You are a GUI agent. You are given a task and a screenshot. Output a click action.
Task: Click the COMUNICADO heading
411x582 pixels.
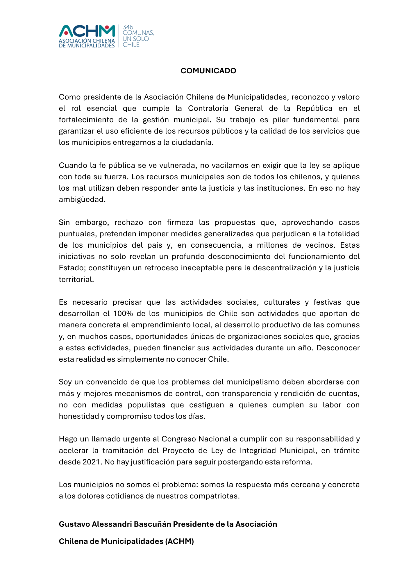(x=208, y=71)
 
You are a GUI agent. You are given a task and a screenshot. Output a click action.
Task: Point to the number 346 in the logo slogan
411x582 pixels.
(x=128, y=27)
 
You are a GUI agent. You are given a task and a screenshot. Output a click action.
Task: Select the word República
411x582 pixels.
(x=314, y=108)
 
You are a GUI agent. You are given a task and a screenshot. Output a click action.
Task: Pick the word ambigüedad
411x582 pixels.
(x=82, y=200)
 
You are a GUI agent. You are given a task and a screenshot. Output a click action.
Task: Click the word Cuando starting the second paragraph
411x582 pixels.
(x=72, y=165)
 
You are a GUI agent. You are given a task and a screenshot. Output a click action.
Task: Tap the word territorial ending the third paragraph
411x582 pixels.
(x=76, y=279)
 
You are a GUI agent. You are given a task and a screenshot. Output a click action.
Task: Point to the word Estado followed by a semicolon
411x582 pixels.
(x=72, y=268)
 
